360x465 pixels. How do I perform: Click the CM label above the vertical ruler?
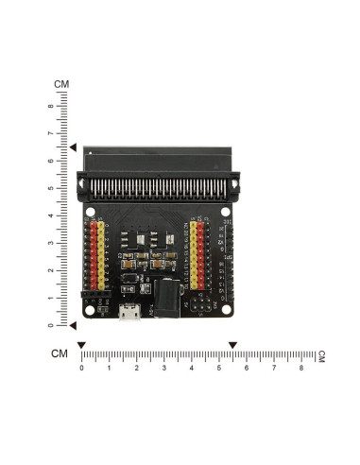tap(61, 84)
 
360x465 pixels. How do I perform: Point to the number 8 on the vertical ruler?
tap(50, 106)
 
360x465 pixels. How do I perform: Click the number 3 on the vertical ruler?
tap(50, 243)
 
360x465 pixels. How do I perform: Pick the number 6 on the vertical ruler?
tap(50, 161)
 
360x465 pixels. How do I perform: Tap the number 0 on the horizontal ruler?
tap(82, 368)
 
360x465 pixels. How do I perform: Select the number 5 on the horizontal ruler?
tap(219, 368)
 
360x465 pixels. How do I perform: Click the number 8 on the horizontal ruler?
tap(301, 368)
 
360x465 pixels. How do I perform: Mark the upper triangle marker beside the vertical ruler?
tap(73, 147)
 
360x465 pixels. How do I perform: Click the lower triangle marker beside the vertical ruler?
tap(73, 325)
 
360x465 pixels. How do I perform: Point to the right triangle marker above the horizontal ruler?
tap(232, 345)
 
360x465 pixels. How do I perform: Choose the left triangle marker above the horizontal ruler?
tap(82, 345)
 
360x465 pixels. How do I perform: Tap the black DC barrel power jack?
tap(166, 300)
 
